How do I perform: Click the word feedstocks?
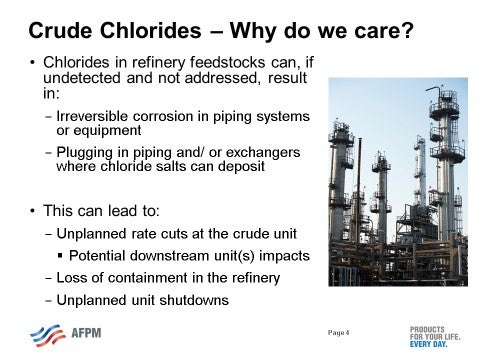[x=214, y=64]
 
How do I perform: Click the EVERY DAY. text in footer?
[x=431, y=345]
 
